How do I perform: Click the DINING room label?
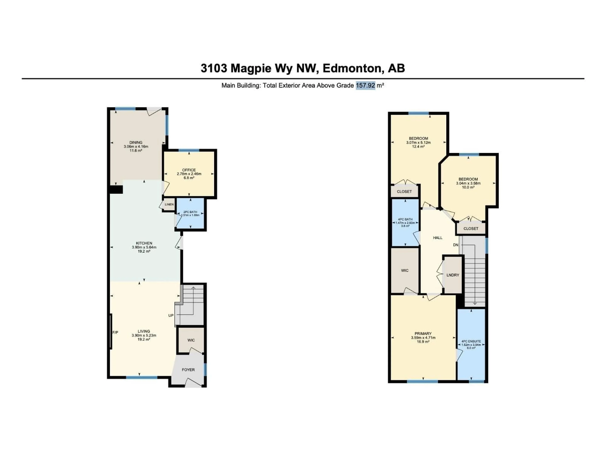point(136,142)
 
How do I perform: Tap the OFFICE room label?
point(189,170)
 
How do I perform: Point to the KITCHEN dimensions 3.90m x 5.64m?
point(144,247)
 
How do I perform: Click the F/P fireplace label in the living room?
point(115,332)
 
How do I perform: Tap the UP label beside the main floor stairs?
point(171,315)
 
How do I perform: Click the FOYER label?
point(188,370)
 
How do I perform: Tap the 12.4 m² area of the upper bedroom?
point(418,146)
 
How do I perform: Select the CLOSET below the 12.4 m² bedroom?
point(404,191)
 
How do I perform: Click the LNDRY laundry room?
point(453,275)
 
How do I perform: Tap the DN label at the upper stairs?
point(456,245)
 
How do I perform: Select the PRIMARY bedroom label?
point(423,333)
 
